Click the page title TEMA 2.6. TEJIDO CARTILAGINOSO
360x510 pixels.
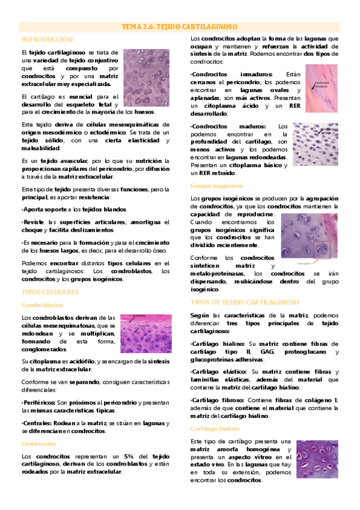180,27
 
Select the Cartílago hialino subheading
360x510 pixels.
215,429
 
